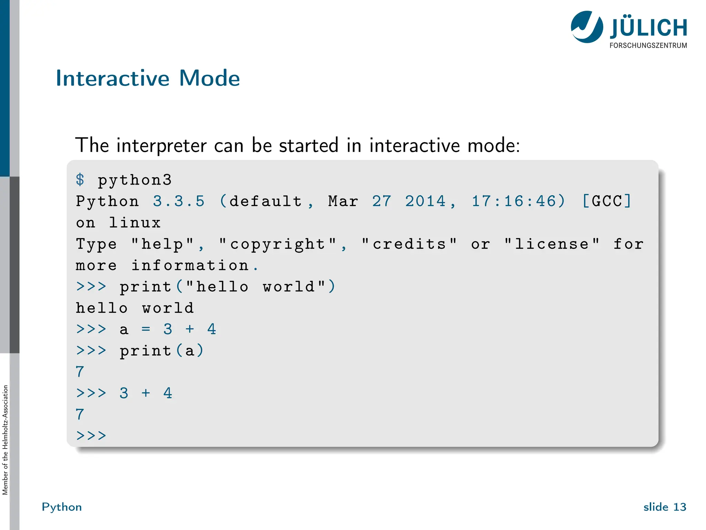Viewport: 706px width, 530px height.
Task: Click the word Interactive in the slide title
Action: point(112,78)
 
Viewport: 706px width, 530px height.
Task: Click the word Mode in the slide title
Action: point(209,78)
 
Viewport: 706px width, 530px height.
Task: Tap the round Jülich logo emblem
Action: point(587,27)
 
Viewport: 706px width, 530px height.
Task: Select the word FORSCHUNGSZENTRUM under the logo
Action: point(648,46)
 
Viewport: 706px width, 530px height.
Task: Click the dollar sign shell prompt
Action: point(80,180)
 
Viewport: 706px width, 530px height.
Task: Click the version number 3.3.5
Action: point(179,201)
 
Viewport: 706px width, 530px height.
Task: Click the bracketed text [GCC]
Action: point(607,201)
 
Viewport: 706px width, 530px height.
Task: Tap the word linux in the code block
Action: point(135,223)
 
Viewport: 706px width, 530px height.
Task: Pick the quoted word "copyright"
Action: point(278,244)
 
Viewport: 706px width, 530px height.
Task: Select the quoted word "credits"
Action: point(409,244)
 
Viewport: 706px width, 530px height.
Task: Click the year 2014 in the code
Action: point(425,201)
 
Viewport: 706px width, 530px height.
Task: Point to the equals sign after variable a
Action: point(146,330)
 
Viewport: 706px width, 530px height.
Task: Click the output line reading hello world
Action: point(135,308)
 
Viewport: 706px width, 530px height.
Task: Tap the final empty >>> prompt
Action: point(91,436)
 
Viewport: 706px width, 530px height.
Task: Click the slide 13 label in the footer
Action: point(665,507)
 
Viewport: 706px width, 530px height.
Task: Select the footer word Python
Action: point(62,507)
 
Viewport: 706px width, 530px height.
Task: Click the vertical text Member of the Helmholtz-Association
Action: point(5,440)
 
